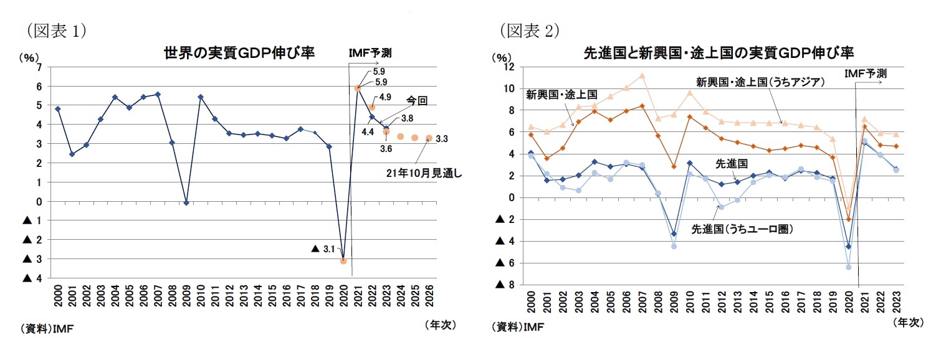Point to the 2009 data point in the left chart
pos(186,202)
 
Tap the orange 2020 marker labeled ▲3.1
pos(343,261)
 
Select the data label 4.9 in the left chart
pos(384,97)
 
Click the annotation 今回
pos(417,101)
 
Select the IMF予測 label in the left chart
pos(373,53)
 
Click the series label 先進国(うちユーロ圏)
pos(742,229)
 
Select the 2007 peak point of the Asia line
pos(642,76)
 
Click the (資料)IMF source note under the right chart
pos(516,327)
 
